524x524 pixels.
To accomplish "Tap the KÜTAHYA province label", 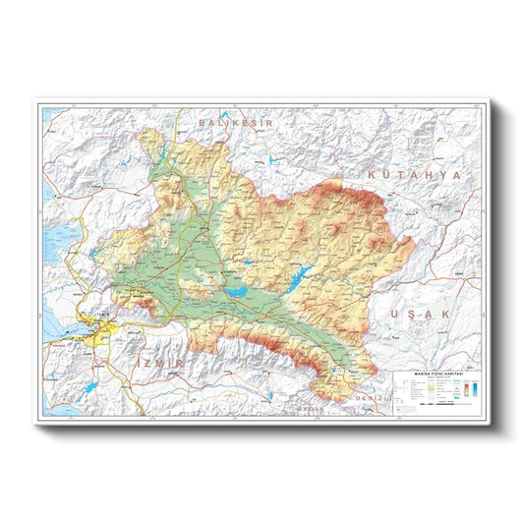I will pyautogui.click(x=414, y=173).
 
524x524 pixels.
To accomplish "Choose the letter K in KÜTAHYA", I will pyautogui.click(x=373, y=173).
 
